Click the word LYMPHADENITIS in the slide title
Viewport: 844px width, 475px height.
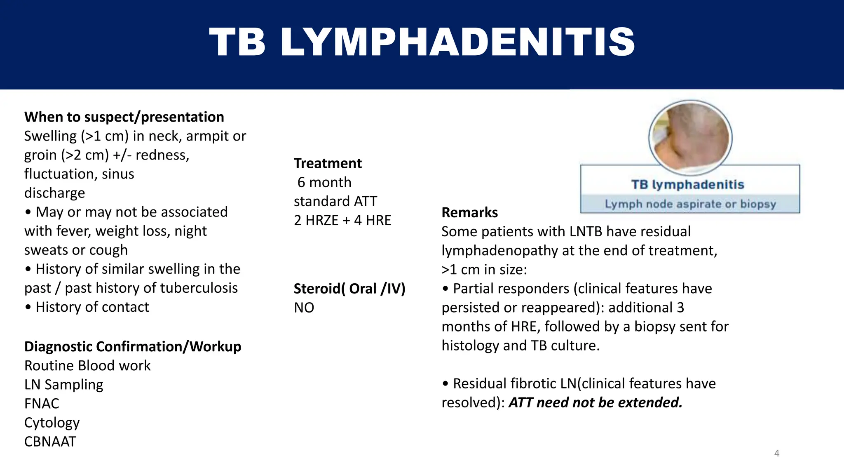457,42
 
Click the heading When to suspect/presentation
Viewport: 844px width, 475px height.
124,117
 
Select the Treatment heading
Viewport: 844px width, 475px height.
328,163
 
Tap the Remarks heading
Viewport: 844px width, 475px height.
469,212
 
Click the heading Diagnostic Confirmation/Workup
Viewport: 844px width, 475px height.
133,347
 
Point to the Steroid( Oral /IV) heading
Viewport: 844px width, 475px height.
349,289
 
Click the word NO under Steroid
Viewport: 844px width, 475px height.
304,308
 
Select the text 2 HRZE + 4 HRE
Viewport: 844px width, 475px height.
342,220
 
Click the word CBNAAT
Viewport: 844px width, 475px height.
50,442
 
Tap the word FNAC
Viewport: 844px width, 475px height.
42,404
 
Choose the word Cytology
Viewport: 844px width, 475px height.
52,423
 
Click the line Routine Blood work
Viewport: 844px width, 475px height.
87,366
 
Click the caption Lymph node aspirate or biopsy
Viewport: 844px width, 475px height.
690,204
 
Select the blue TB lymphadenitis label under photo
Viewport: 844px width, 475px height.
687,184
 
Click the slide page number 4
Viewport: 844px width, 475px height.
776,454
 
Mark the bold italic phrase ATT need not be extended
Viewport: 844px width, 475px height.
595,402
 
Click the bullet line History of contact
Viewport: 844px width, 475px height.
92,307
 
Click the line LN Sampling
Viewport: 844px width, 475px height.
63,385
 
